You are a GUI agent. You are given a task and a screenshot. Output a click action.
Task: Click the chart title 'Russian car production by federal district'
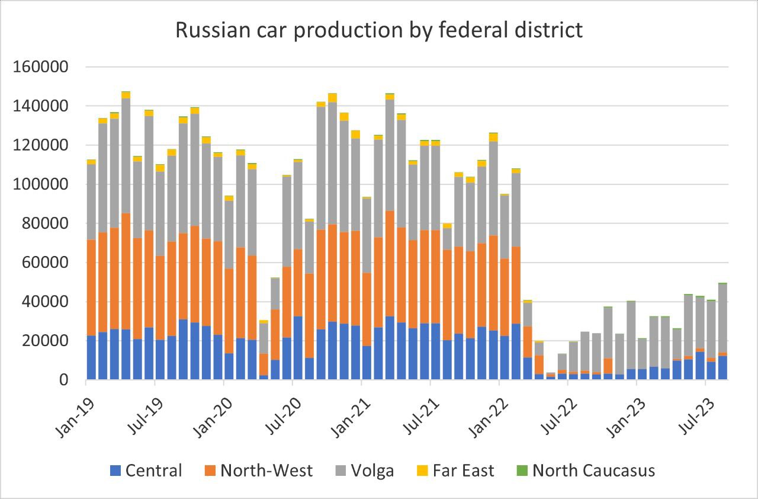point(379,29)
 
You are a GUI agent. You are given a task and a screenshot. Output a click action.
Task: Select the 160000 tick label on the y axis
point(41,67)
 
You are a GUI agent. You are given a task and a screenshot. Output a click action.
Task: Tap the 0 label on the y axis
point(65,380)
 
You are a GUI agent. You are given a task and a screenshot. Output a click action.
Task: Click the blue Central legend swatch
point(117,471)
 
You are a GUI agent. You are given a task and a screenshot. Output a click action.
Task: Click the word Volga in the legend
point(372,471)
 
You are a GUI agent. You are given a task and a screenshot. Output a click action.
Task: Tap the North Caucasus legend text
point(593,471)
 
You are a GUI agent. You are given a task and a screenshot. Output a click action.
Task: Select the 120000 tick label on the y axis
point(41,145)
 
